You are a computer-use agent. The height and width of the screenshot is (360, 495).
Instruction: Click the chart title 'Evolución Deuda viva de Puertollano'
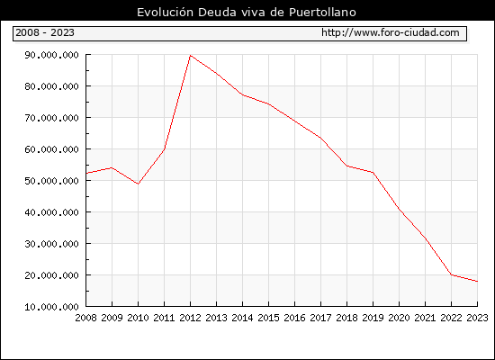(247, 13)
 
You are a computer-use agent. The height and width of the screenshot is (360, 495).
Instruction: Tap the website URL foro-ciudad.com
(391, 32)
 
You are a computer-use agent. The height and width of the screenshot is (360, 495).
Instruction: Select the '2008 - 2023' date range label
(45, 32)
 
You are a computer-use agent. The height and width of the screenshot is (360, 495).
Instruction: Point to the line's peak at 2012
(191, 55)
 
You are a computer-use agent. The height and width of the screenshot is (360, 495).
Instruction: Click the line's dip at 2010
(139, 184)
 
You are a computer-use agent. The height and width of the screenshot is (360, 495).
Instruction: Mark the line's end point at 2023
(477, 281)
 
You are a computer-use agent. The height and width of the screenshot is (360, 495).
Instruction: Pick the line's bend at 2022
(452, 274)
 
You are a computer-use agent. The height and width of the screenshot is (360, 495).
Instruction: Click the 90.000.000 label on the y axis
(51, 55)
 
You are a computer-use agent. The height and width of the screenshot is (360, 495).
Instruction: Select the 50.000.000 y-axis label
(51, 181)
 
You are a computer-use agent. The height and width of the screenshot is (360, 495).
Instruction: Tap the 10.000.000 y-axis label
(51, 307)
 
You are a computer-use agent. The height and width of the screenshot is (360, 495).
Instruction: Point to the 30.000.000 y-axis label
(51, 244)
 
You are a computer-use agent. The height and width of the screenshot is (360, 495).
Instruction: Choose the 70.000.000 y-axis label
(51, 118)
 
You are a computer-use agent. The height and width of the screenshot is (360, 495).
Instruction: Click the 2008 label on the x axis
(85, 318)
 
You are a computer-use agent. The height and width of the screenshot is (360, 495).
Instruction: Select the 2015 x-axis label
(269, 318)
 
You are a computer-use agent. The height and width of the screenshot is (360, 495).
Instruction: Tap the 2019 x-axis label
(373, 318)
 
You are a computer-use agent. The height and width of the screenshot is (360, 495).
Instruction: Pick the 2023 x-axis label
(477, 318)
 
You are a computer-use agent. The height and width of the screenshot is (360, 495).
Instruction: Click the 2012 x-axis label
(191, 318)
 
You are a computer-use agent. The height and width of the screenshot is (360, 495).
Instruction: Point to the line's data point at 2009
(112, 167)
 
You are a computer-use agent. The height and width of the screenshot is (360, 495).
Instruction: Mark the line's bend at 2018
(346, 166)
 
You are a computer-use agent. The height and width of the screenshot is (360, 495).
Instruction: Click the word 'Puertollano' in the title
(322, 13)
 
